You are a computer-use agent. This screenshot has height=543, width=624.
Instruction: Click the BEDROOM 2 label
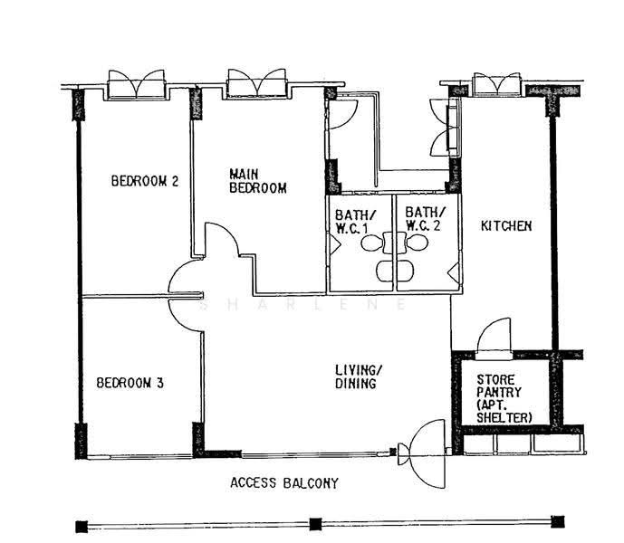(x=145, y=181)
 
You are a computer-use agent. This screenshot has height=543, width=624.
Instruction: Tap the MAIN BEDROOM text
(x=257, y=181)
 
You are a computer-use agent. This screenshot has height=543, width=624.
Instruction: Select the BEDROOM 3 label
(x=130, y=383)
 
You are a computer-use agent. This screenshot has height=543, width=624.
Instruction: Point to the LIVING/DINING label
(x=359, y=376)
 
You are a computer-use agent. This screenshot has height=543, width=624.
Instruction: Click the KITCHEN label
(x=506, y=226)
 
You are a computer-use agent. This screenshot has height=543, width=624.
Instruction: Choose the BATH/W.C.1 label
(x=355, y=222)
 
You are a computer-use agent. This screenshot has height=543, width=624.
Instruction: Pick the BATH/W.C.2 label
(x=425, y=218)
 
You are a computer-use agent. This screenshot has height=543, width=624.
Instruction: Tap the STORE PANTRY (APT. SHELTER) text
(x=504, y=398)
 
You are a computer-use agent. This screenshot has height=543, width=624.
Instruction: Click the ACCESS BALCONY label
(x=284, y=483)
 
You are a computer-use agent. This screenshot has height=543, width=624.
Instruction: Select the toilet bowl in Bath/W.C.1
(x=372, y=243)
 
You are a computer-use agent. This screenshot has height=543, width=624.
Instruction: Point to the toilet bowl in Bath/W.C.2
(x=417, y=243)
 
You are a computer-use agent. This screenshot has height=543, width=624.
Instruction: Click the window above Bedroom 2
(x=137, y=84)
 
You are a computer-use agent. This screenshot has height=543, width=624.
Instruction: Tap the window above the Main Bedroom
(x=256, y=83)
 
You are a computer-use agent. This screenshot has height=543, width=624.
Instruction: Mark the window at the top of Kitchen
(x=496, y=84)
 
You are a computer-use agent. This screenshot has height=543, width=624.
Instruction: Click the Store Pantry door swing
(x=494, y=336)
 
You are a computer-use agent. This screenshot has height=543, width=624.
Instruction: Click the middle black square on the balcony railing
(x=315, y=524)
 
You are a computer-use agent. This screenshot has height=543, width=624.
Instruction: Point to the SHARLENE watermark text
(x=302, y=305)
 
